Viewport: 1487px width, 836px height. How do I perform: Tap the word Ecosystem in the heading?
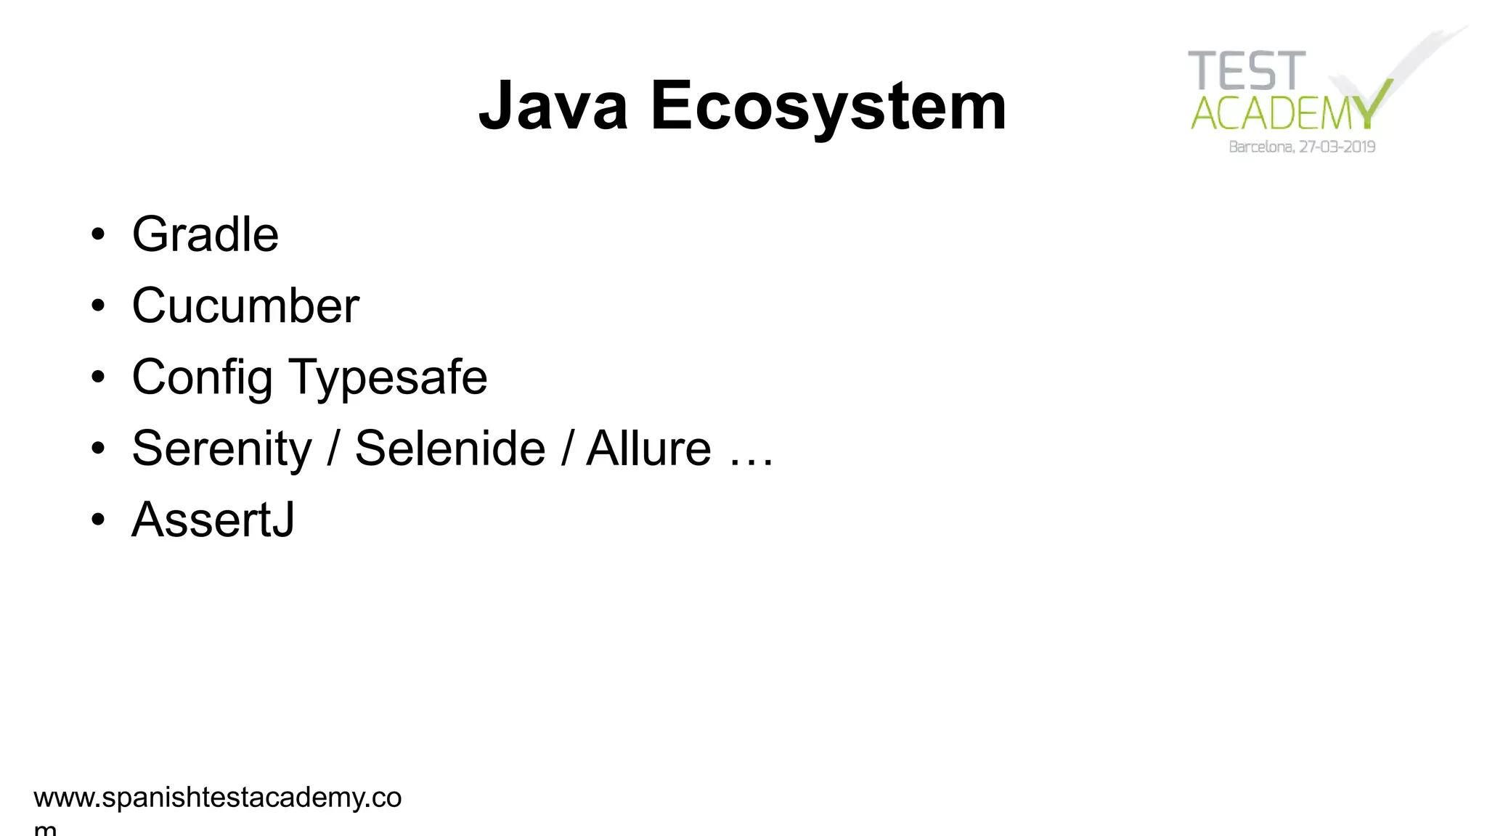click(828, 106)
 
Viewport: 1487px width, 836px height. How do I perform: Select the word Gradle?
click(205, 234)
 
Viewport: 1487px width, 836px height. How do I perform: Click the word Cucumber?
click(245, 306)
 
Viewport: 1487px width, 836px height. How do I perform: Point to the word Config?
click(203, 377)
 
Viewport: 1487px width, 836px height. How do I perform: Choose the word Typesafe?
click(388, 377)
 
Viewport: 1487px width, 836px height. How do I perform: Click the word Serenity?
click(221, 448)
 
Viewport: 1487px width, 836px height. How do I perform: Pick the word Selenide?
click(450, 448)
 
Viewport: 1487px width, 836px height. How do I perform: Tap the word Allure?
click(648, 448)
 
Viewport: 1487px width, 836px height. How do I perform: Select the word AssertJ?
click(213, 520)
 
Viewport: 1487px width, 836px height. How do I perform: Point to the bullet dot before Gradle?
click(98, 235)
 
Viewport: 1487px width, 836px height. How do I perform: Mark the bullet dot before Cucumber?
click(98, 306)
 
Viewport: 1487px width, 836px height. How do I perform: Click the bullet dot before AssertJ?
click(98, 520)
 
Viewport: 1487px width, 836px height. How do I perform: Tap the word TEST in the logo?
click(1247, 71)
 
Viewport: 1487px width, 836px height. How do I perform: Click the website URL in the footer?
click(217, 798)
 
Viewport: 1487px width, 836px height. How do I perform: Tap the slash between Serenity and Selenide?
click(333, 448)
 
